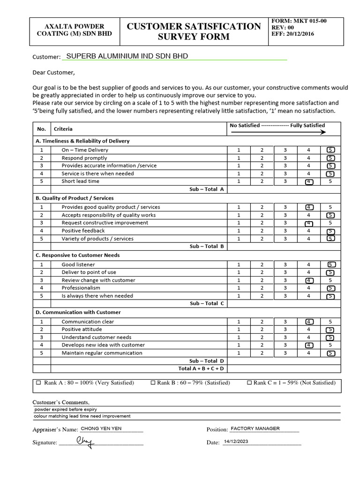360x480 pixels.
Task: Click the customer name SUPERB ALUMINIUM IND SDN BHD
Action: coord(127,56)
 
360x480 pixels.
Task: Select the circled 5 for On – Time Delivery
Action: coord(331,150)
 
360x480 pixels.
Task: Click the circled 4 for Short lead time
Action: coord(308,181)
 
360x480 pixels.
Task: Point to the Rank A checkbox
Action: coord(38,382)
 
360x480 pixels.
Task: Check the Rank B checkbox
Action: coord(153,382)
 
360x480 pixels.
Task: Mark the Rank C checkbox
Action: coord(249,382)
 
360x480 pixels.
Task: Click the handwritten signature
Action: coord(85,441)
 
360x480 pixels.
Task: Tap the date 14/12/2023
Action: coord(236,442)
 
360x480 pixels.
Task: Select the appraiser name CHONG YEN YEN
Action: coord(101,428)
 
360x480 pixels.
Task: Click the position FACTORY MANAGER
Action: coord(255,428)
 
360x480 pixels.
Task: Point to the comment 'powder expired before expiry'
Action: coord(66,409)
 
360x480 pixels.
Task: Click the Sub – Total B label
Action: coord(207,246)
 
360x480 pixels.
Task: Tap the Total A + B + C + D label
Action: coord(201,368)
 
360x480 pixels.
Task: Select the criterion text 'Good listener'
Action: coord(78,264)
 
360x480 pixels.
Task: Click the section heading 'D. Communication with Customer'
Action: coord(78,312)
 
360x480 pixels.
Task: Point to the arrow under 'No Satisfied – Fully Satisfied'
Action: coord(277,133)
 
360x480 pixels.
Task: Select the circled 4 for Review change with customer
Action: coord(309,280)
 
